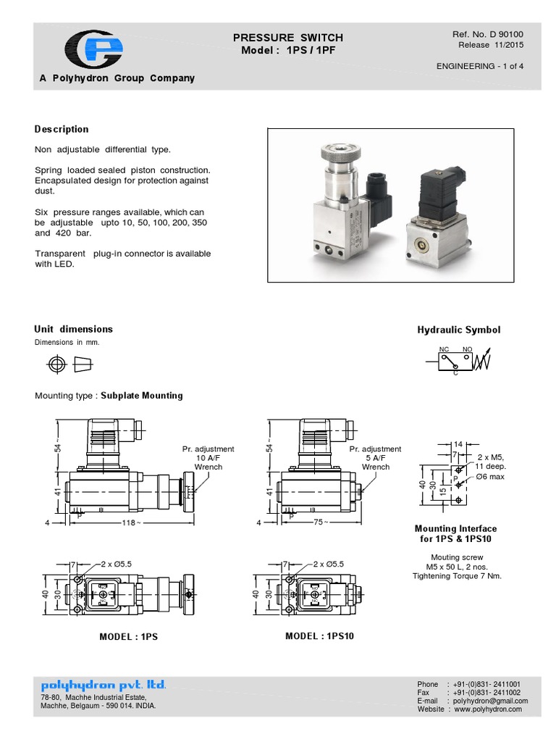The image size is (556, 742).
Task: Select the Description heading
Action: click(x=62, y=129)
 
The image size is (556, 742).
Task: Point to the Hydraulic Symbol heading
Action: click(x=458, y=330)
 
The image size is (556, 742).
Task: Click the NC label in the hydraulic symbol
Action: click(x=444, y=349)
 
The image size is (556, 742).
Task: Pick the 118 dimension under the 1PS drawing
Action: click(x=130, y=522)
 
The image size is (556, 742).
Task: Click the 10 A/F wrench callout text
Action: click(x=208, y=458)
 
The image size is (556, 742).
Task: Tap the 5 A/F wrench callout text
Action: click(x=375, y=458)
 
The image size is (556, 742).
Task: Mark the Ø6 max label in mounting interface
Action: click(x=491, y=478)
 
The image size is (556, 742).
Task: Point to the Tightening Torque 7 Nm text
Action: click(x=457, y=576)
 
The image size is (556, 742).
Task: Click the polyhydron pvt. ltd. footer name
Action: click(x=104, y=684)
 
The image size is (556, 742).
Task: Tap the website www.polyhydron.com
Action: click(x=488, y=709)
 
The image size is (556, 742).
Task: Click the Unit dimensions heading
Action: click(x=74, y=329)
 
